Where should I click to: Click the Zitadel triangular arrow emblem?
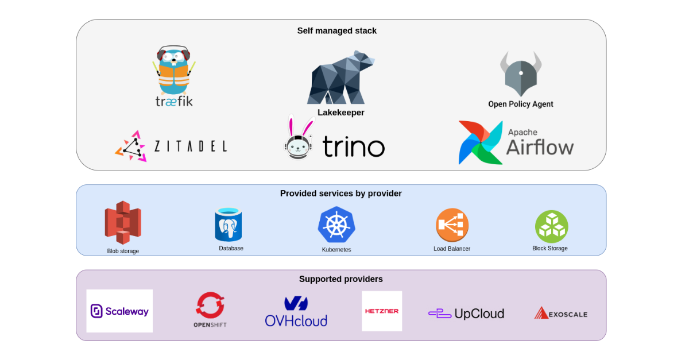tap(131, 146)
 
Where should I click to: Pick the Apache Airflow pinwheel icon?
tap(481, 142)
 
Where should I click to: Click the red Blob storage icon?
tap(123, 223)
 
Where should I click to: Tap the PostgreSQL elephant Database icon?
tap(229, 225)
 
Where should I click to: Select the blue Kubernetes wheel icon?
tap(336, 224)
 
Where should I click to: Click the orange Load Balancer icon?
tap(452, 224)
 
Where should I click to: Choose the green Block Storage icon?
tap(551, 226)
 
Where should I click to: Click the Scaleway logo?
tap(119, 311)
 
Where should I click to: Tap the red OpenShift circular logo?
tap(210, 305)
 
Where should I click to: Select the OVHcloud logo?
tap(296, 312)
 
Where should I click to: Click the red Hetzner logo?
tap(382, 311)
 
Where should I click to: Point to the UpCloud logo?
tap(466, 313)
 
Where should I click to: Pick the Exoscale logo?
tap(560, 313)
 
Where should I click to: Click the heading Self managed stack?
tap(337, 31)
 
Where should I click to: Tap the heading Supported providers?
tap(340, 279)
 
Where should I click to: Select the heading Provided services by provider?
tap(340, 193)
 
